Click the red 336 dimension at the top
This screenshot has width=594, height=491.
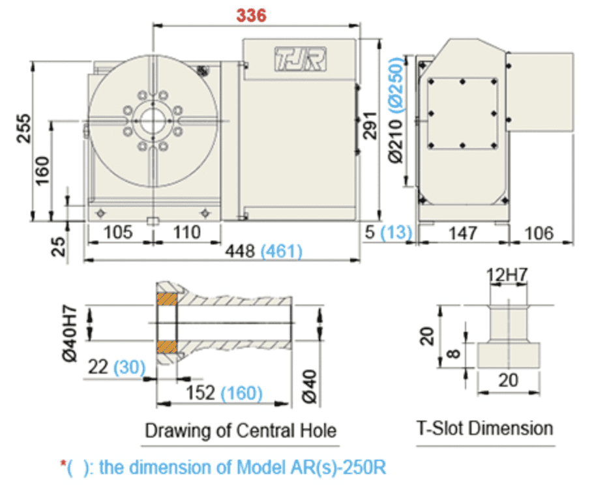tap(251, 15)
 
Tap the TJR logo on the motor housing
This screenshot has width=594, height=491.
tap(301, 59)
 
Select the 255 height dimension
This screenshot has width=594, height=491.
tap(24, 128)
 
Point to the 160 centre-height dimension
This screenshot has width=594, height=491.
tap(42, 170)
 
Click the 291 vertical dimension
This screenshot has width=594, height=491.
tap(370, 125)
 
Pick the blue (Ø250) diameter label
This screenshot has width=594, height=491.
tap(396, 85)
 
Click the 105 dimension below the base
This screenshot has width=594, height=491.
tap(118, 232)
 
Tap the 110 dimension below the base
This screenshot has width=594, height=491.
tap(186, 232)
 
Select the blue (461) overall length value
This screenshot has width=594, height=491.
tap(282, 251)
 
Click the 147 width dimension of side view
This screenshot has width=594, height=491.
tap(462, 233)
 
